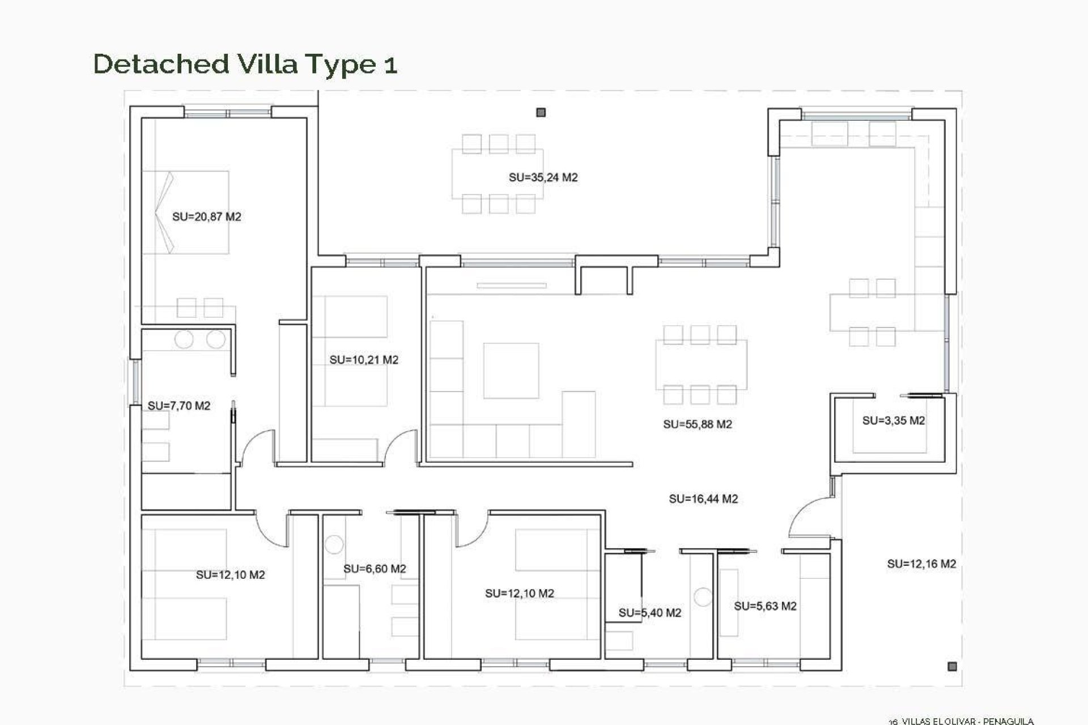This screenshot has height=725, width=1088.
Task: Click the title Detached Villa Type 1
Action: pyautogui.click(x=245, y=63)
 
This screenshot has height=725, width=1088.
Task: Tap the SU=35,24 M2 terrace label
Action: pyautogui.click(x=543, y=177)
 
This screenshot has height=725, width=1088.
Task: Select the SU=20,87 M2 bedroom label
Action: pyautogui.click(x=206, y=216)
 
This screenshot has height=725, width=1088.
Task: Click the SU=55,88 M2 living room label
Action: pyautogui.click(x=697, y=424)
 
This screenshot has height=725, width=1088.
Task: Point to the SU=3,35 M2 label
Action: pyautogui.click(x=893, y=420)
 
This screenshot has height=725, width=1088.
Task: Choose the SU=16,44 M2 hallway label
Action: pyautogui.click(x=703, y=499)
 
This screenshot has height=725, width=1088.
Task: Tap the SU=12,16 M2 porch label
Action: pyautogui.click(x=921, y=564)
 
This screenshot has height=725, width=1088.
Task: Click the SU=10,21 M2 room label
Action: pyautogui.click(x=364, y=360)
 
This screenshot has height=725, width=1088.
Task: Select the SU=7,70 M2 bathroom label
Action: pyautogui.click(x=178, y=406)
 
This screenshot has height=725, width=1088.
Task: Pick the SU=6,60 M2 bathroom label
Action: pyautogui.click(x=375, y=569)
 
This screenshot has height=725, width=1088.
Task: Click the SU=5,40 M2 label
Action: pyautogui.click(x=649, y=612)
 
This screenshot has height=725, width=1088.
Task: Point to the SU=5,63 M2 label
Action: pyautogui.click(x=765, y=606)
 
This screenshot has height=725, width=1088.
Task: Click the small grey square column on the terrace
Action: pyautogui.click(x=541, y=113)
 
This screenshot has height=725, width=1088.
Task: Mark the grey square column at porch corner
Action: pyautogui.click(x=952, y=667)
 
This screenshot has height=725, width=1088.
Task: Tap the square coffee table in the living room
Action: pyautogui.click(x=511, y=370)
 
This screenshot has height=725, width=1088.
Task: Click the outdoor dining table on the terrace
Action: pyautogui.click(x=498, y=174)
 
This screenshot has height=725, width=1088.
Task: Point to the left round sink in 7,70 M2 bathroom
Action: pyautogui.click(x=184, y=340)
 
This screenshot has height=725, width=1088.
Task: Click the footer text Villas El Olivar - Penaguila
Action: pyautogui.click(x=961, y=721)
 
